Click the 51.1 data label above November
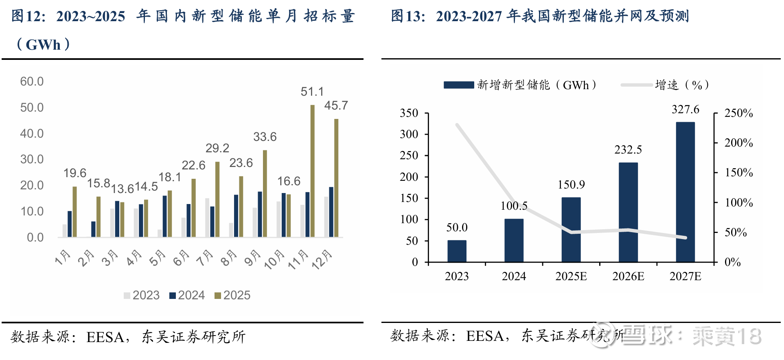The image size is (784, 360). point(312,92)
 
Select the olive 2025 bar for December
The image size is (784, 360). point(336,178)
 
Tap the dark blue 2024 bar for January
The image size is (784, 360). point(70,224)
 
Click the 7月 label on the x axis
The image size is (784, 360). point(205,258)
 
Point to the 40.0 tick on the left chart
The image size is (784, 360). point(32,134)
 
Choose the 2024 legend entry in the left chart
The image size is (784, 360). point(187,295)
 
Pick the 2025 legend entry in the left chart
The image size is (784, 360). point(232,295)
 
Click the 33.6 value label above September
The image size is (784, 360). point(265,137)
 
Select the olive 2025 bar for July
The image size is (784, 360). point(217,199)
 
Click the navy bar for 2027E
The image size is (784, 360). point(685,192)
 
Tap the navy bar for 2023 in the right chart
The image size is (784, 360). point(457,251)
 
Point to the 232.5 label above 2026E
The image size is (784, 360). point(628,150)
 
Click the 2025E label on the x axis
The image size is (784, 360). point(571,277)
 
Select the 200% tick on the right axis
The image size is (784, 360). point(738,143)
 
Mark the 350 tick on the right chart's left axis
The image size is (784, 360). point(409,113)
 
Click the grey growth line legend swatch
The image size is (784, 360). point(637,85)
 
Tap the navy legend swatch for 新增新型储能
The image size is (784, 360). point(459,85)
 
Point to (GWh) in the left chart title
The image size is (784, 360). point(43,44)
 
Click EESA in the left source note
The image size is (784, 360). point(105,337)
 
